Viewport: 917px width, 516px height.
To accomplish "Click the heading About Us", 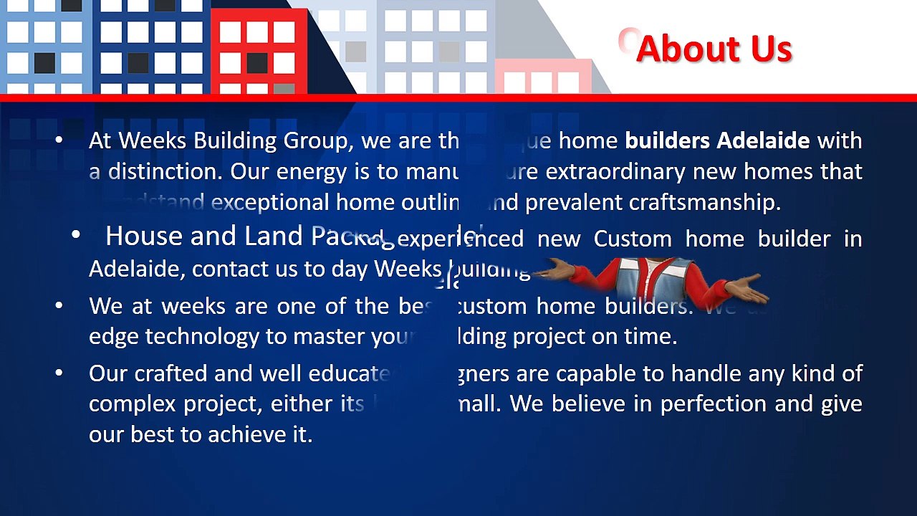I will tap(714, 49).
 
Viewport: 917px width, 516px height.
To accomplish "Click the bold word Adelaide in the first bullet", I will tap(763, 140).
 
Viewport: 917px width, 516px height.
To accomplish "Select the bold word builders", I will tap(668, 140).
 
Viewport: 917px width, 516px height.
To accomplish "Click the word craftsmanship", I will tap(704, 203).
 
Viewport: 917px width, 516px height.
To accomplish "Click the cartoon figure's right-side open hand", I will tap(747, 290).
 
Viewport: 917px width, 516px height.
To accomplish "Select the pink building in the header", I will tap(543, 77).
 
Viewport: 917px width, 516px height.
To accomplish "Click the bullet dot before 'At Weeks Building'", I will tap(59, 140).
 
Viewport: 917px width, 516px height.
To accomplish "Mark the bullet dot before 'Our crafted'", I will tap(59, 373).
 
